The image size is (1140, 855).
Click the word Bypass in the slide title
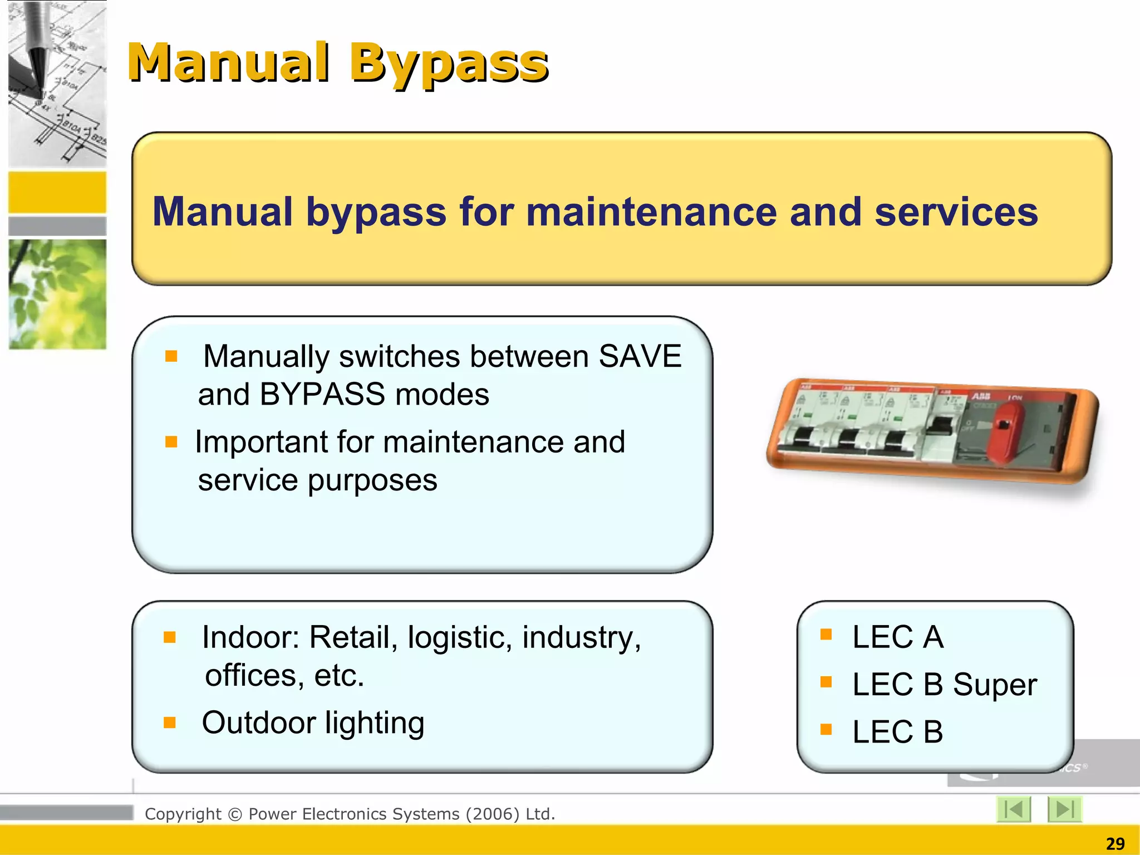pos(449,63)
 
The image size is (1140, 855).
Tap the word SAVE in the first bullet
pos(640,356)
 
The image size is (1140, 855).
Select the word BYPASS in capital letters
pos(322,395)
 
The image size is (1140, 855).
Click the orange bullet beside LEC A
pos(826,635)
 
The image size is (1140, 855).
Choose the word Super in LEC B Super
pos(995,685)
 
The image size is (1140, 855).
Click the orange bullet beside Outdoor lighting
pos(170,723)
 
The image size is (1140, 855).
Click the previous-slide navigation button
pos(1013,809)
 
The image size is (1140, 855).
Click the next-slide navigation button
pos(1064,809)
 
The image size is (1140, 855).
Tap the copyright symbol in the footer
pos(235,814)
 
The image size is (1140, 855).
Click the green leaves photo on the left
pos(57,294)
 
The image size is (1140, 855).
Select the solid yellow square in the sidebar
pos(57,192)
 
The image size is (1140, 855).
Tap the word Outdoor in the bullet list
pos(259,723)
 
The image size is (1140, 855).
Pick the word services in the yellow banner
pos(956,212)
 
